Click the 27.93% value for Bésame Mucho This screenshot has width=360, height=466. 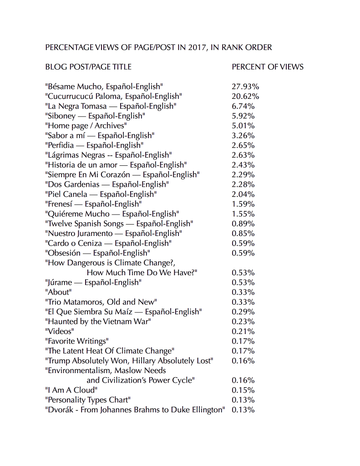pyautogui.click(x=245, y=87)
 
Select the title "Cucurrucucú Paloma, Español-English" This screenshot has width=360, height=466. pyautogui.click(x=114, y=96)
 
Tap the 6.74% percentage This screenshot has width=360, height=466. pyautogui.click(x=243, y=106)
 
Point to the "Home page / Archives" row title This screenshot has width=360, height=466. pyautogui.click(x=86, y=126)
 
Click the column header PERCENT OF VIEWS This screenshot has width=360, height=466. pyautogui.click(x=268, y=67)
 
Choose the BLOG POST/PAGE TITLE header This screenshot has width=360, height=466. pyautogui.click(x=88, y=67)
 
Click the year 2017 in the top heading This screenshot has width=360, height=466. pyautogui.click(x=197, y=47)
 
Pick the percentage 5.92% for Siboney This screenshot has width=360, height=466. pyautogui.click(x=243, y=116)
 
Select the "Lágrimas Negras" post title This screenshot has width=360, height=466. pyautogui.click(x=108, y=155)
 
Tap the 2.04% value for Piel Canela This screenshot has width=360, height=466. pyautogui.click(x=243, y=194)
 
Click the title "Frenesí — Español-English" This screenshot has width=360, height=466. pyautogui.click(x=93, y=204)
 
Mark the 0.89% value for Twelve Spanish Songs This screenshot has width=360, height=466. pyautogui.click(x=243, y=224)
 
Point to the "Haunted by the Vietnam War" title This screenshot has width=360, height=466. pyautogui.click(x=98, y=322)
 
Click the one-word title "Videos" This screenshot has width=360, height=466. pyautogui.click(x=59, y=331)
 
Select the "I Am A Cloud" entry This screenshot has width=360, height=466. pyautogui.click(x=71, y=390)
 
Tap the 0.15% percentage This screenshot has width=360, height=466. pyautogui.click(x=243, y=390)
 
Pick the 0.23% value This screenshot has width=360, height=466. pyautogui.click(x=243, y=322)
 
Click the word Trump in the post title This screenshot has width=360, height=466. pyautogui.click(x=58, y=361)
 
